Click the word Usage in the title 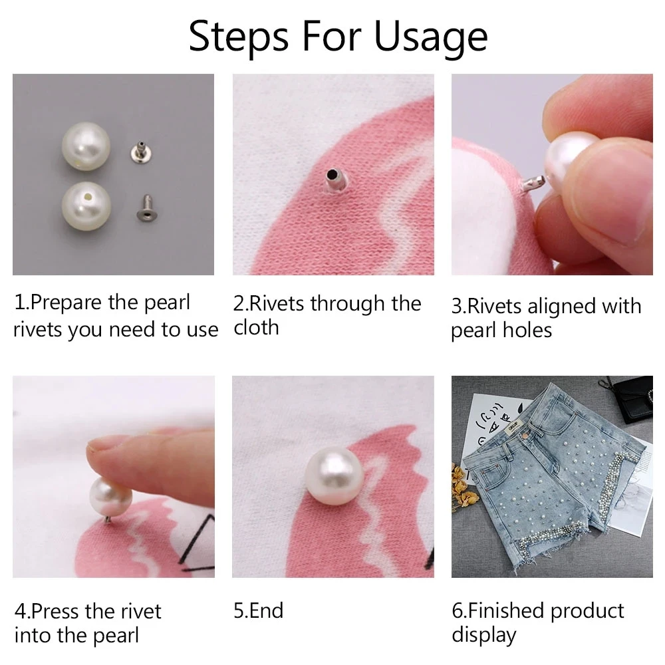(x=431, y=37)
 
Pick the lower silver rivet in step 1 (x=144, y=207)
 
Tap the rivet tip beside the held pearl (x=531, y=181)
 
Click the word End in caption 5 (x=266, y=610)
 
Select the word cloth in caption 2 (x=256, y=328)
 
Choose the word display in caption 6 (x=483, y=635)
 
